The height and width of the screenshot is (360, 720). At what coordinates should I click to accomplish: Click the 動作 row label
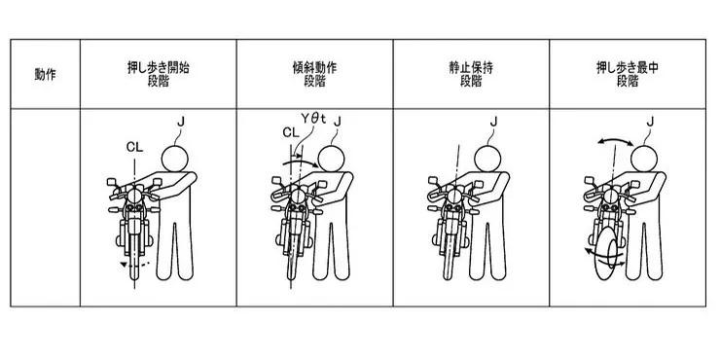click(45, 74)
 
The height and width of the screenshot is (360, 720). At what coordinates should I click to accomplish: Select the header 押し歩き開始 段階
click(158, 74)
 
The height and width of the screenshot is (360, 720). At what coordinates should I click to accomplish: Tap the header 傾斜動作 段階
click(314, 74)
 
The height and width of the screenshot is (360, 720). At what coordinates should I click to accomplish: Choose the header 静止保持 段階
click(471, 74)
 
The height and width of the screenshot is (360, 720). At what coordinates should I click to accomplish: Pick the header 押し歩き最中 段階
click(628, 74)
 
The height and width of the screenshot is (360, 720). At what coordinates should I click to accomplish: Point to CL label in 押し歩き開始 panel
click(134, 147)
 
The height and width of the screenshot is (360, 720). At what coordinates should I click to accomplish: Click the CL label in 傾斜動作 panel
click(290, 132)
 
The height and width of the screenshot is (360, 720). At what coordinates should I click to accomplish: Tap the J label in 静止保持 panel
click(493, 122)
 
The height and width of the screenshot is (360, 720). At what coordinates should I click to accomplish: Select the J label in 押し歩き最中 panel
click(650, 122)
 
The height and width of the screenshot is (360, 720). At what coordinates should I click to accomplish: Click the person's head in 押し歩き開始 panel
click(174, 159)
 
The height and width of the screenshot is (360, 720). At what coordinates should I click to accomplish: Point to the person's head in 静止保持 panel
click(487, 159)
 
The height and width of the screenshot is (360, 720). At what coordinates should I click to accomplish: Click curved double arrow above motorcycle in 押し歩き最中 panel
click(615, 142)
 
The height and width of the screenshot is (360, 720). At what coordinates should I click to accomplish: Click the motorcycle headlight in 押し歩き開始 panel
click(134, 197)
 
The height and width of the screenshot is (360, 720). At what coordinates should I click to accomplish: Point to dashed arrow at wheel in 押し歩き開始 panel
click(134, 265)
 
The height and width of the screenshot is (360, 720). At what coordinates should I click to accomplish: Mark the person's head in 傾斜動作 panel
click(331, 159)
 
